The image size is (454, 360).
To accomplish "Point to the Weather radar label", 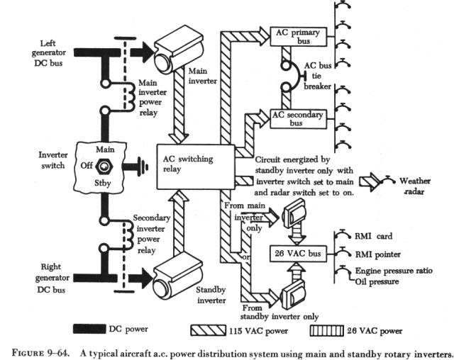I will click(414, 186).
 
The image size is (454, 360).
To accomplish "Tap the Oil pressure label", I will click(379, 281).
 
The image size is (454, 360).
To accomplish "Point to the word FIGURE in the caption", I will click(24, 351).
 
